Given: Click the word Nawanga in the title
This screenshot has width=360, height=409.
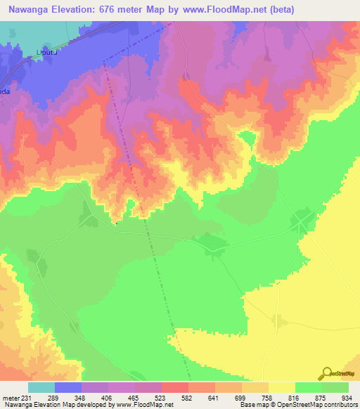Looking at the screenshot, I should point(29,10).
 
